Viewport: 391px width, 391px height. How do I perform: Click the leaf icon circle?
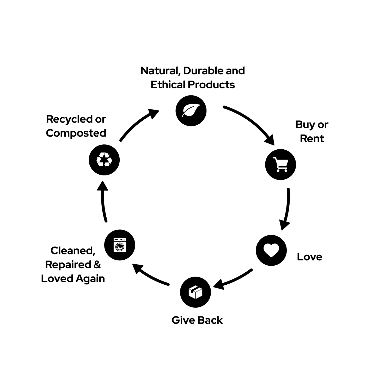pyautogui.click(x=191, y=111)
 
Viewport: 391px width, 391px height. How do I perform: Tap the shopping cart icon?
pyautogui.click(x=280, y=164)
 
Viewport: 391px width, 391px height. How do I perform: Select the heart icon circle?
pyautogui.click(x=271, y=250)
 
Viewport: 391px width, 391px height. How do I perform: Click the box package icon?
pyautogui.click(x=195, y=292)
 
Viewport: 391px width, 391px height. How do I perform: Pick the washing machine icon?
pyautogui.click(x=120, y=245)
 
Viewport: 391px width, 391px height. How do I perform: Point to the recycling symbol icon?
pyautogui.click(x=104, y=160)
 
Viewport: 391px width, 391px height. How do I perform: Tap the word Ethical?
pyautogui.click(x=168, y=85)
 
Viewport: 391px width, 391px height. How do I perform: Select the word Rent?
pyautogui.click(x=312, y=138)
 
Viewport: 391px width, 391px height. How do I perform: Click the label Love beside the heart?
pyautogui.click(x=309, y=257)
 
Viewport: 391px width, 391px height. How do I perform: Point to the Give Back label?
pyautogui.click(x=197, y=320)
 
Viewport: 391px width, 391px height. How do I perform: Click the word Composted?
pyautogui.click(x=76, y=133)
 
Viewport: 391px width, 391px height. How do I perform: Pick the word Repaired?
pyautogui.click(x=68, y=265)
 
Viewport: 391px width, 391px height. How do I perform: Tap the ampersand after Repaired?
pyautogui.click(x=97, y=265)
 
